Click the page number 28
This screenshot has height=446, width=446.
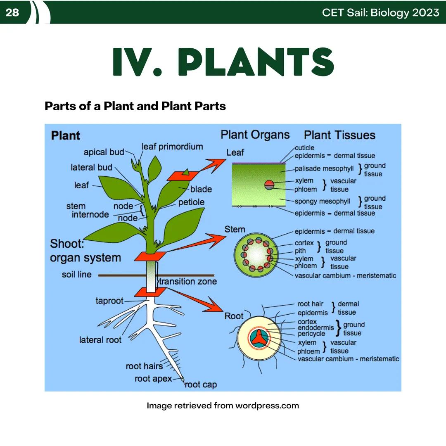pos(12,12)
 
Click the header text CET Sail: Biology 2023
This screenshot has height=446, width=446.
pos(380,12)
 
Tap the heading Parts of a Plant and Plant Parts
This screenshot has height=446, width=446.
pos(135,106)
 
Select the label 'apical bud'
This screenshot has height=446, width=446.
pos(104,152)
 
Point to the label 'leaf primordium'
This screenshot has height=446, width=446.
pos(172,147)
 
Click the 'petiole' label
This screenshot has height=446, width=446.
pos(191,202)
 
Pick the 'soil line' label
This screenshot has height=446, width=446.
pos(77,275)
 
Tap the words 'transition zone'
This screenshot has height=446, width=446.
pos(188,282)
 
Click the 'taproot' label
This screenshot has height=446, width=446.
pos(109,301)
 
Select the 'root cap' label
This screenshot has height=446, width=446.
pos(201,385)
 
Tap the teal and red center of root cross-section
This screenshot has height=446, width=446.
pos(259,337)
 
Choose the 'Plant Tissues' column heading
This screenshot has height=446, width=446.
pos(339,135)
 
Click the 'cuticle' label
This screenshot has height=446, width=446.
pos(304,147)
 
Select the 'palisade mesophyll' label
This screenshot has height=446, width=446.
pos(324,169)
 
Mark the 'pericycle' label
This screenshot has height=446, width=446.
pos(311,334)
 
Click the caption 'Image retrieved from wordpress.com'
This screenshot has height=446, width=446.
pos(223,406)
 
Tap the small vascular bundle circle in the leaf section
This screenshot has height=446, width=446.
pos(269,185)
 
